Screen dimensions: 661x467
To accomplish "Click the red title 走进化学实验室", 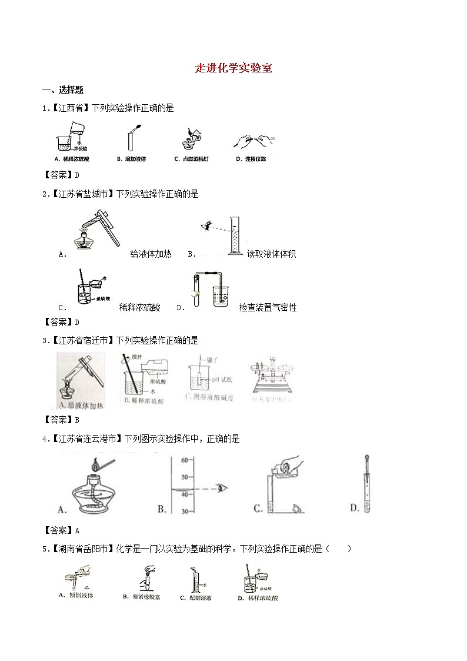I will pyautogui.click(x=233, y=68).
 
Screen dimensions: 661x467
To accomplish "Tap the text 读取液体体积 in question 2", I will pyautogui.click(x=271, y=254).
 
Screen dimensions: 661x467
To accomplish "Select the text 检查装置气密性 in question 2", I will pyautogui.click(x=268, y=307).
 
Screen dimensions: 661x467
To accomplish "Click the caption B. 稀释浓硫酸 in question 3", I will pyautogui.click(x=144, y=401).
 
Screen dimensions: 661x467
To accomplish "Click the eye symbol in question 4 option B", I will pyautogui.click(x=222, y=487).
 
